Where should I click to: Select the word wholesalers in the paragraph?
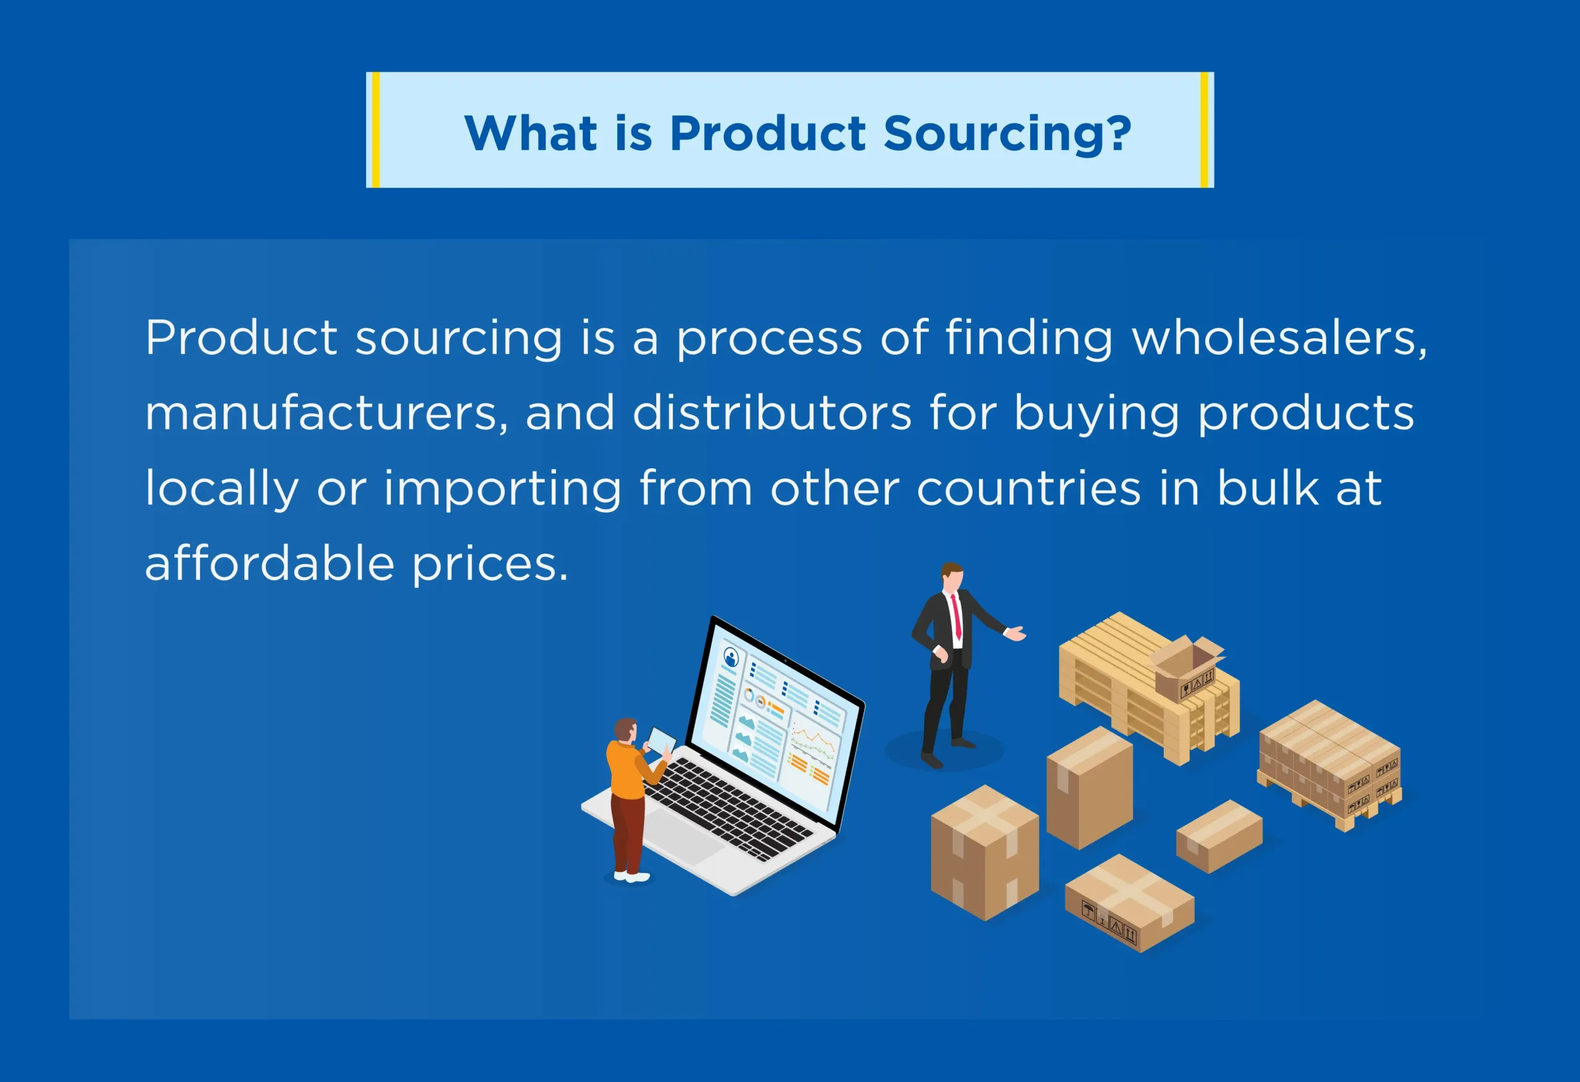tap(1279, 338)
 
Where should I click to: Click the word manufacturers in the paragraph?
tap(326, 413)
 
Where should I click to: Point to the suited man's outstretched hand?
tap(1016, 634)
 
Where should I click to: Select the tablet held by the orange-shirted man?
tap(661, 740)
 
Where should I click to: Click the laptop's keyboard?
tap(728, 809)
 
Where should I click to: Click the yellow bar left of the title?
tap(376, 130)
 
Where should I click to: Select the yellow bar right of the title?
tap(1204, 130)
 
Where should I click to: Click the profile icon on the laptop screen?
tap(731, 658)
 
